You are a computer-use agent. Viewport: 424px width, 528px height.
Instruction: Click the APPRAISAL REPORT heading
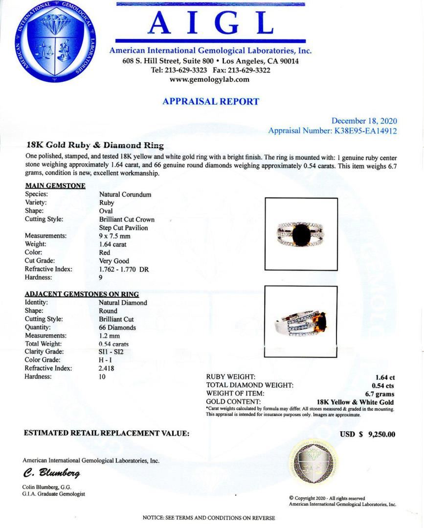click(x=211, y=102)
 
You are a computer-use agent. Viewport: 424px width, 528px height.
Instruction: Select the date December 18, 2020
click(x=364, y=121)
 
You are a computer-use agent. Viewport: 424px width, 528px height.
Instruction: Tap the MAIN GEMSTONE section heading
click(x=55, y=185)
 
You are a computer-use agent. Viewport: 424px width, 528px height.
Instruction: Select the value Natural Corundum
click(x=125, y=194)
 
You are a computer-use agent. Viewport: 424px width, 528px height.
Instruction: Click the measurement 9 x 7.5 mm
click(x=114, y=236)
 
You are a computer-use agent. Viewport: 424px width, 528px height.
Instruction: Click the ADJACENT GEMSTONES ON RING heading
click(x=82, y=294)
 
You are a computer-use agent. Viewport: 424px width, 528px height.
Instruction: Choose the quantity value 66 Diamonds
click(x=117, y=327)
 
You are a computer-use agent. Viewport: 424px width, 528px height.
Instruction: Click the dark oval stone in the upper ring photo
click(x=301, y=235)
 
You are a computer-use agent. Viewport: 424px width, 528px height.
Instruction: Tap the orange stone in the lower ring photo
click(x=322, y=323)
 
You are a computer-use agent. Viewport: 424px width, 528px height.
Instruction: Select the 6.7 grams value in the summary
click(x=379, y=394)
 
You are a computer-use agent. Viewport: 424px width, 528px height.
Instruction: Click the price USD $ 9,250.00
click(x=367, y=434)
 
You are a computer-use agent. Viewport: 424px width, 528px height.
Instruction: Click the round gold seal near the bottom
click(x=313, y=461)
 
